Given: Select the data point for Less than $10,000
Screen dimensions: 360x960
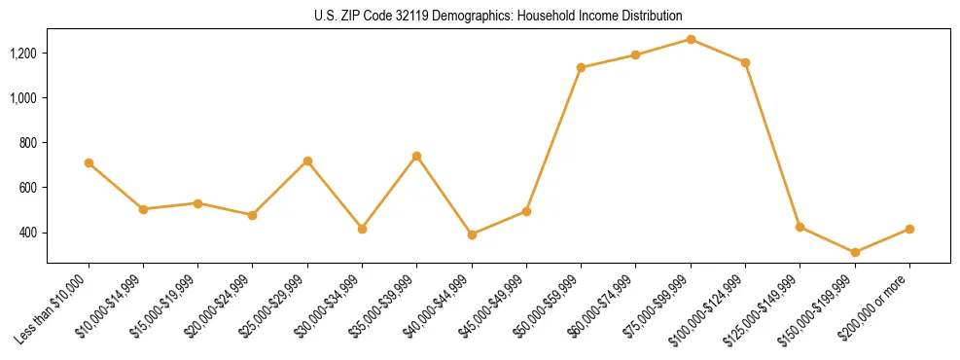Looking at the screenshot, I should click(x=89, y=163).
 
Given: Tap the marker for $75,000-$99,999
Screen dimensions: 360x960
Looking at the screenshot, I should click(x=691, y=39).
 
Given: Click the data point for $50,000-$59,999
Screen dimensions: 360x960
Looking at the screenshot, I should click(x=581, y=67).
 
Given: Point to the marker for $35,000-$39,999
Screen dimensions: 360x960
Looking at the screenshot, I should click(x=416, y=156).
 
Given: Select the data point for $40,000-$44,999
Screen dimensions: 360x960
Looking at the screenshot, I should click(x=472, y=234).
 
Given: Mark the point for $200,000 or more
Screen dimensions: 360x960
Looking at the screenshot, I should click(x=909, y=229).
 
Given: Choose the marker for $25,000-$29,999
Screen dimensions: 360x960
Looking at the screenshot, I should click(x=307, y=161).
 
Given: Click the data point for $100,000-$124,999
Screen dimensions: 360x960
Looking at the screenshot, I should click(x=745, y=62).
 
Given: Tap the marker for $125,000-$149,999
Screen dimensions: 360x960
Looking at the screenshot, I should click(x=800, y=227).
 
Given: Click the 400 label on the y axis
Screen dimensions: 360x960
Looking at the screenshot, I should click(x=29, y=233).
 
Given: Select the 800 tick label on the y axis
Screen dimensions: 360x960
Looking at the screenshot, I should click(x=29, y=143).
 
